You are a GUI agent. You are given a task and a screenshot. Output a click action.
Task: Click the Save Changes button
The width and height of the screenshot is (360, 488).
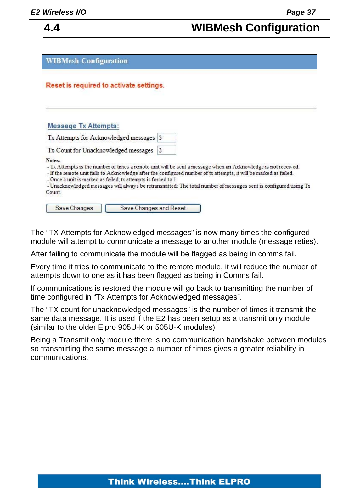(x=74, y=208)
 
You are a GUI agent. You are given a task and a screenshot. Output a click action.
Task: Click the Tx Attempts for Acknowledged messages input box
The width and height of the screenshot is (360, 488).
(x=166, y=138)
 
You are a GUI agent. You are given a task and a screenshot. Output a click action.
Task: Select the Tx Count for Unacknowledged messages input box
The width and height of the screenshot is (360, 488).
(x=166, y=150)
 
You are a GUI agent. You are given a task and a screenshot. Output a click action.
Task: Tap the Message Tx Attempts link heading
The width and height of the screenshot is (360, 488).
(x=83, y=126)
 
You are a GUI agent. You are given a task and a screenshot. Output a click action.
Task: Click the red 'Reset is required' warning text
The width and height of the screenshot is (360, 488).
(x=105, y=86)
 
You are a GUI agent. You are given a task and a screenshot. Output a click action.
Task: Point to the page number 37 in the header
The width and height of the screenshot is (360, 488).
(x=311, y=12)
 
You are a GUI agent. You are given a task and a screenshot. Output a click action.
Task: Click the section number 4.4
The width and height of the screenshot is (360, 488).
(x=52, y=28)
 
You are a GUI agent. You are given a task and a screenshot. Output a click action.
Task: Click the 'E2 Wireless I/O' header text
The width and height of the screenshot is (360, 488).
(x=58, y=12)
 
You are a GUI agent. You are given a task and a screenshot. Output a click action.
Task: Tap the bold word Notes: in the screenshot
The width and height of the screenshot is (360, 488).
(x=53, y=160)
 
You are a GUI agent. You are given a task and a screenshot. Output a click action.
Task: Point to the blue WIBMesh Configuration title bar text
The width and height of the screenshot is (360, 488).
(x=87, y=61)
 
